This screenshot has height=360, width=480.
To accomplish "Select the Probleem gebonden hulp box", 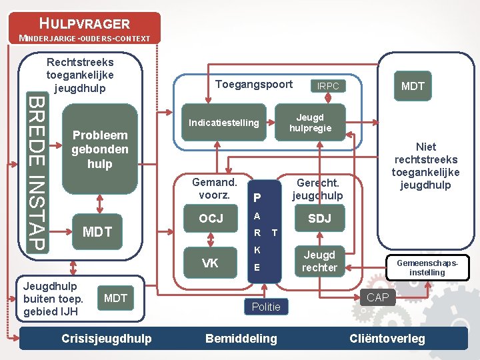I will pyautogui.click(x=100, y=149).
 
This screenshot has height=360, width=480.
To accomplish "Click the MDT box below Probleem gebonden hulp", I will pyautogui.click(x=96, y=232).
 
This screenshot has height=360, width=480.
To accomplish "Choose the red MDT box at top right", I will pyautogui.click(x=413, y=86).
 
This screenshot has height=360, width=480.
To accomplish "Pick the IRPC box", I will pyautogui.click(x=328, y=86).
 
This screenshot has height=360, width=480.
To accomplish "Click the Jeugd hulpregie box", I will pyautogui.click(x=310, y=122).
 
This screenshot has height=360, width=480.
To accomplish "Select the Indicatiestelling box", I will pyautogui.click(x=224, y=123).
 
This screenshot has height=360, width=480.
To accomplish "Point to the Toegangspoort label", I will pyautogui.click(x=254, y=84).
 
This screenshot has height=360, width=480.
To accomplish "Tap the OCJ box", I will pyautogui.click(x=211, y=219).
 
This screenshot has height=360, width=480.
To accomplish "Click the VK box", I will pyautogui.click(x=210, y=263).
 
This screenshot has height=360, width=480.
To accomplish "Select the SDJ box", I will pyautogui.click(x=319, y=219).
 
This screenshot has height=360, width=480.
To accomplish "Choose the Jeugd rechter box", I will pyautogui.click(x=319, y=261).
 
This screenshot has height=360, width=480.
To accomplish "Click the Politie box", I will pyautogui.click(x=266, y=307).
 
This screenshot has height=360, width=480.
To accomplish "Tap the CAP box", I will pyautogui.click(x=377, y=297).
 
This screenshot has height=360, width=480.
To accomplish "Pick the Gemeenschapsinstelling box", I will pyautogui.click(x=427, y=267).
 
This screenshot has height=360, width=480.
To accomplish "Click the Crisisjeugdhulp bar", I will pyautogui.click(x=107, y=339).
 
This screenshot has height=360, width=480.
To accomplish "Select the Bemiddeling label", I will pyautogui.click(x=241, y=339).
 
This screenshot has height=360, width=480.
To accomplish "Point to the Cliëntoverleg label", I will pyautogui.click(x=387, y=339).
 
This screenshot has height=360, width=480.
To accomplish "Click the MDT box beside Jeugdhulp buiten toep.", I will pyautogui.click(x=116, y=298).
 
